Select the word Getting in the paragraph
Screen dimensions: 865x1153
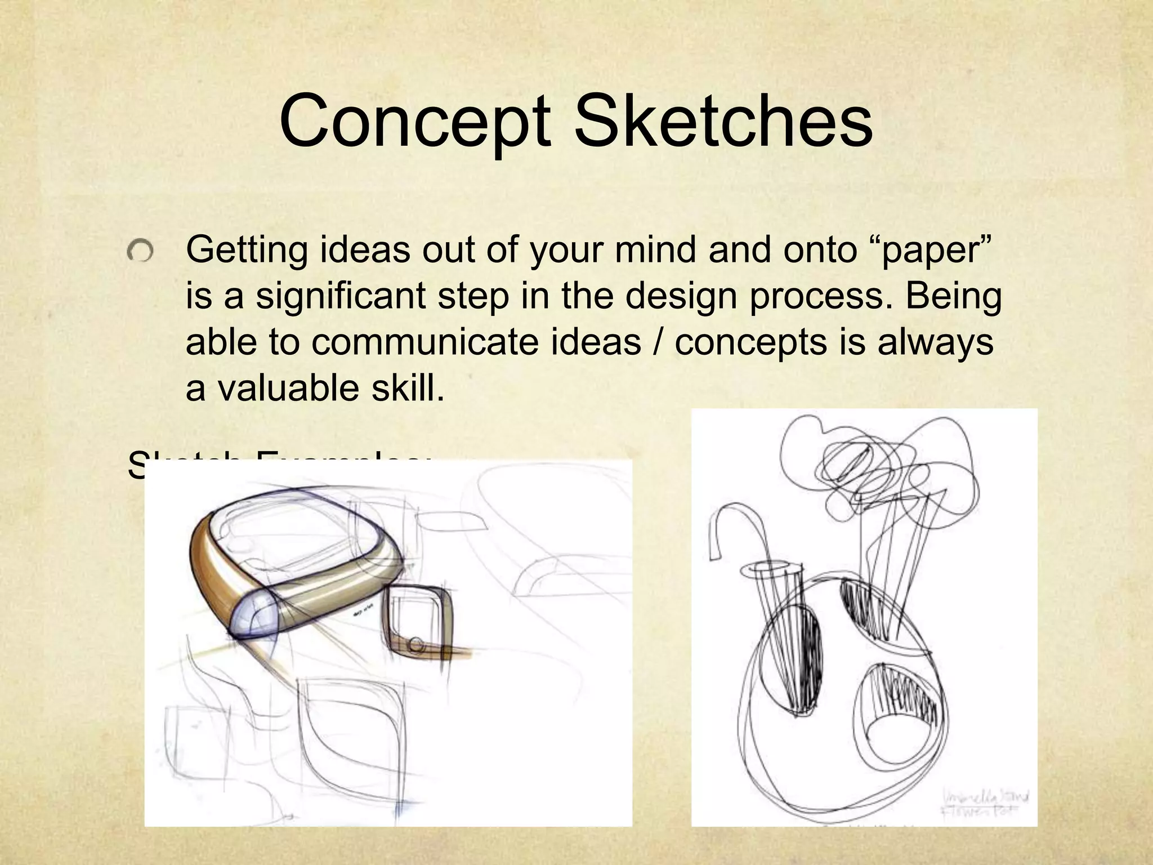coord(247,251)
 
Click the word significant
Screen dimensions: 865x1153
coord(341,297)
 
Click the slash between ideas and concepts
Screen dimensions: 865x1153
coord(658,342)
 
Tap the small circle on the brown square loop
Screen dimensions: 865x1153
coord(416,644)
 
